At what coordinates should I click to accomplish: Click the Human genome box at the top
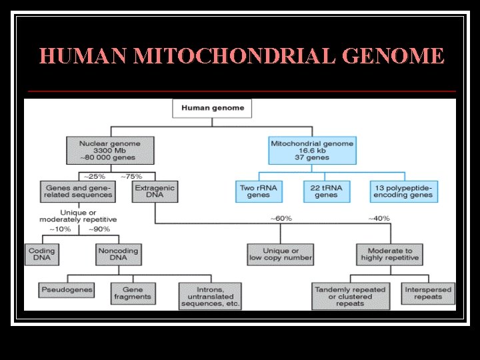pyautogui.click(x=213, y=108)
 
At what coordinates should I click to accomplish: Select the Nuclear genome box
pyautogui.click(x=110, y=151)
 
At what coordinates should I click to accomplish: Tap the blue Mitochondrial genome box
pyautogui.click(x=312, y=151)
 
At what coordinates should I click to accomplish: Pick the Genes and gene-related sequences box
pyautogui.click(x=77, y=192)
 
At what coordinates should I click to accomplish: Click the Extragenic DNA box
pyautogui.click(x=155, y=192)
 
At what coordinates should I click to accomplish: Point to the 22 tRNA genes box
pyautogui.click(x=326, y=192)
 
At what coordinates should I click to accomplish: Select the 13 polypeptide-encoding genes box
pyautogui.click(x=403, y=192)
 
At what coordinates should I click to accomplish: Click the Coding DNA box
pyautogui.click(x=41, y=255)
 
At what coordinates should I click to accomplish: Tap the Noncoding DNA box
pyautogui.click(x=118, y=255)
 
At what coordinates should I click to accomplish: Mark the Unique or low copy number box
pyautogui.click(x=279, y=255)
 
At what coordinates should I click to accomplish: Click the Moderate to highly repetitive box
pyautogui.click(x=390, y=255)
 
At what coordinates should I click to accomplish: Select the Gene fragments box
pyautogui.click(x=133, y=293)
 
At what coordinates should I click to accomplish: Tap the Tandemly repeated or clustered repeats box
pyautogui.click(x=350, y=297)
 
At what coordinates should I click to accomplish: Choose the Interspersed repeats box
pyautogui.click(x=428, y=293)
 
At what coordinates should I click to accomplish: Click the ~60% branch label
pyautogui.click(x=281, y=219)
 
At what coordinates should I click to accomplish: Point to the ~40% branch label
pyautogui.click(x=379, y=219)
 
